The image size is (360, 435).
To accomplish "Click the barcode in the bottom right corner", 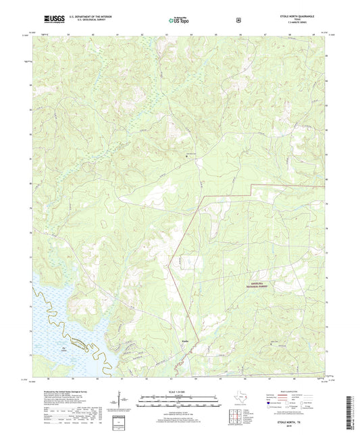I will [349, 412].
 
